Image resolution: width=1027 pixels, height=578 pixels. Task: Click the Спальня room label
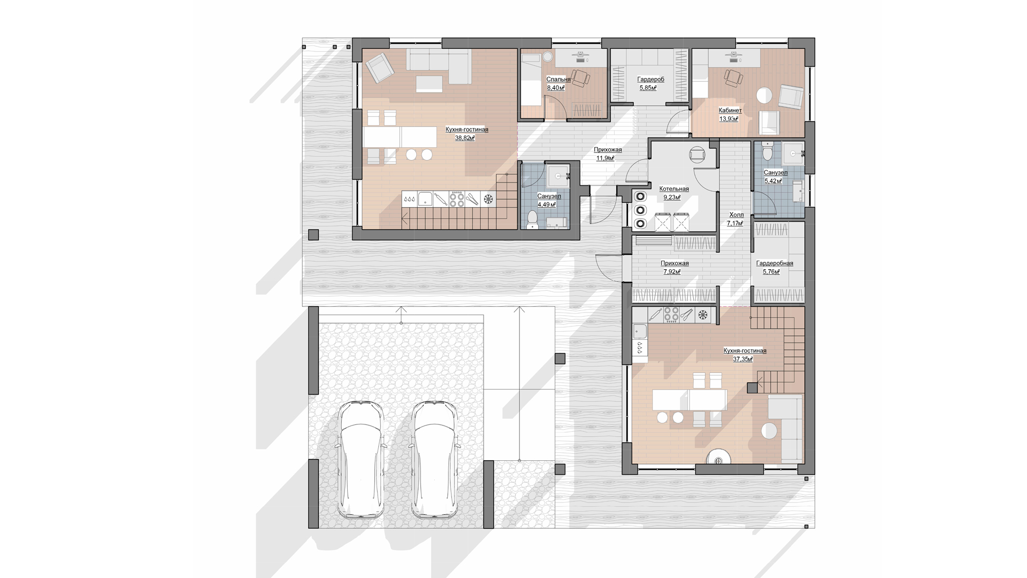tap(558, 79)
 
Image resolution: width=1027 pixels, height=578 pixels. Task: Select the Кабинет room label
tap(730, 110)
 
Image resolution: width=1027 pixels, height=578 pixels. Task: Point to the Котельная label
tap(674, 189)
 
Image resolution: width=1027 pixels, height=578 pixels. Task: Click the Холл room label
tap(737, 215)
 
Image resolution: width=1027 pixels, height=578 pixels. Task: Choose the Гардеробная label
tap(775, 263)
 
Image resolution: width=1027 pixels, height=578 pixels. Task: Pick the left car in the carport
tap(362, 460)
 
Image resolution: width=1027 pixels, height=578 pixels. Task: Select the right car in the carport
tap(434, 460)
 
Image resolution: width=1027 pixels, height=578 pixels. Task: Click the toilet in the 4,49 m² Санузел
tap(532, 219)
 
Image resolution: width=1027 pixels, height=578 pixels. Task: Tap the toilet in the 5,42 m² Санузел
tap(767, 153)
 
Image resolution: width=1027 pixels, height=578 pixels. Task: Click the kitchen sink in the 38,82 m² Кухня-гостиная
tap(425, 199)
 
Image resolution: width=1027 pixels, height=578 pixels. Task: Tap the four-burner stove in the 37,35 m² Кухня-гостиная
tap(671, 316)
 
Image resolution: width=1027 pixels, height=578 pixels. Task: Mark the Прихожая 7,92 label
tap(675, 268)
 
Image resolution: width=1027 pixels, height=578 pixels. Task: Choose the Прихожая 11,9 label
tap(608, 154)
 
